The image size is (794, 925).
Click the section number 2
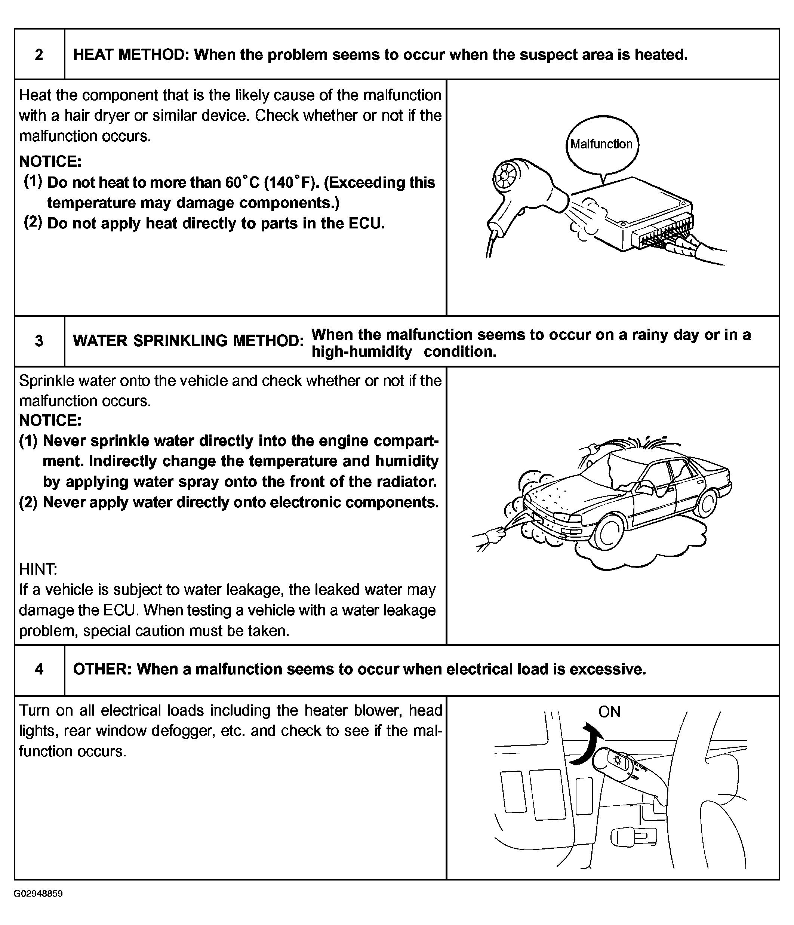(39, 55)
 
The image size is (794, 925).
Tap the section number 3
(39, 341)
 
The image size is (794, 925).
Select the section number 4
(39, 669)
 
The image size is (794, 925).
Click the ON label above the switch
(609, 712)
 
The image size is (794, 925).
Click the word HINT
(38, 569)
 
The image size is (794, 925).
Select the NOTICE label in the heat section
(50, 161)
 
